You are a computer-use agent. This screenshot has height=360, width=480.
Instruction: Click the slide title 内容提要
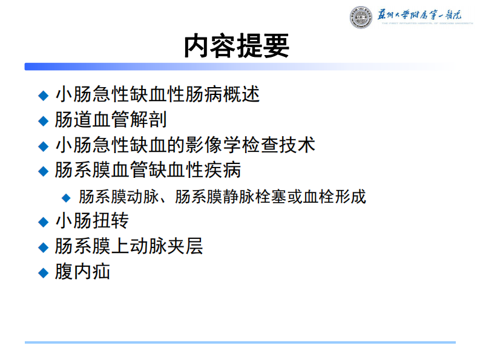click(x=237, y=46)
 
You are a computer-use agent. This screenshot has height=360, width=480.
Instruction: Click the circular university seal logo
click(x=361, y=18)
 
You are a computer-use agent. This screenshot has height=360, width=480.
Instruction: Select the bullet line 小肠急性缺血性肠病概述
click(x=157, y=94)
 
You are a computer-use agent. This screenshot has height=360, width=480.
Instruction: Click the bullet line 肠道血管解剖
click(x=111, y=120)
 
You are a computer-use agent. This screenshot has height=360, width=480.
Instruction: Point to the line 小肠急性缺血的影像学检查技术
click(x=185, y=145)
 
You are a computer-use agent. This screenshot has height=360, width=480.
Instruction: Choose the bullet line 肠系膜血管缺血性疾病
click(x=148, y=170)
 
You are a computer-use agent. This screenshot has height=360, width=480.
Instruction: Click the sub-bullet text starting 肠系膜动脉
click(x=222, y=197)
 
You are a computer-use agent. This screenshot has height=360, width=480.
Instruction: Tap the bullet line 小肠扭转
click(x=92, y=221)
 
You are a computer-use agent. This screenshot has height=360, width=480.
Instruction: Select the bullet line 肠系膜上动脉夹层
click(x=129, y=246)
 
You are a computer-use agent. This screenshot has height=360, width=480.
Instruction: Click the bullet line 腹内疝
click(x=83, y=272)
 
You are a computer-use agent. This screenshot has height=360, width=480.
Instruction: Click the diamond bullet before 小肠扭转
click(x=42, y=221)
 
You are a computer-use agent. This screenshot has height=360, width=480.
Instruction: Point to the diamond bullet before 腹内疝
click(x=42, y=272)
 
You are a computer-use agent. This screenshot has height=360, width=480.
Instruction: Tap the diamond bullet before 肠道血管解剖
click(x=42, y=120)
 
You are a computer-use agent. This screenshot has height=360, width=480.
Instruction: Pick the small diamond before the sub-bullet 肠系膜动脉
click(x=67, y=197)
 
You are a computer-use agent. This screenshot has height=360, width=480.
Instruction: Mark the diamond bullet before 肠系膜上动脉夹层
click(x=42, y=247)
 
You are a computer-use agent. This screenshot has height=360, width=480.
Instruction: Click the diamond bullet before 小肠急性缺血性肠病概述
click(x=42, y=95)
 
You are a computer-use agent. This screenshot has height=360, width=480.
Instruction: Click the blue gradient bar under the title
click(x=182, y=67)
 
